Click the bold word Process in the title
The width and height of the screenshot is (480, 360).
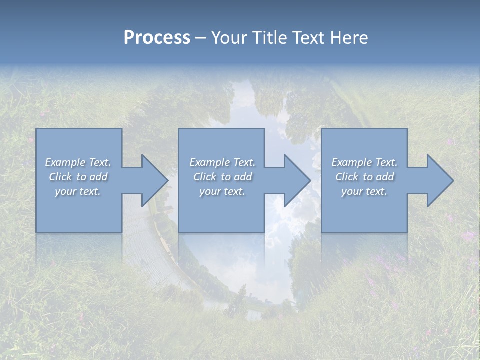pos(157,38)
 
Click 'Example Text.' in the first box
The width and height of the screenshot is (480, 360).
pos(78,162)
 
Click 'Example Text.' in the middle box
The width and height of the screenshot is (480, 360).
pos(222,162)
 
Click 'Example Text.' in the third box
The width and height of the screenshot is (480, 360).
pos(364,162)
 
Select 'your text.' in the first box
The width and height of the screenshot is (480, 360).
pos(78,191)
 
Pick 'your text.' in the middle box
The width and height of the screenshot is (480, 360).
pos(222,191)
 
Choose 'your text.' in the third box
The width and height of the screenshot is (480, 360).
pos(364,191)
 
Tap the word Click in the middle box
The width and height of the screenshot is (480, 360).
pos(205,177)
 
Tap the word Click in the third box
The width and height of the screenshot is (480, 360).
pos(347,177)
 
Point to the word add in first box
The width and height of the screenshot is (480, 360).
pos(99,177)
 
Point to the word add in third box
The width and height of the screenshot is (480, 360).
pos(385,177)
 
